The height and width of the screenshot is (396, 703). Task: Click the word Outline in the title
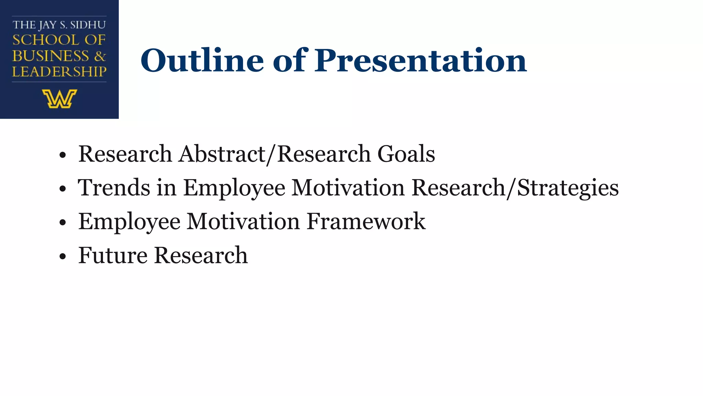[202, 60]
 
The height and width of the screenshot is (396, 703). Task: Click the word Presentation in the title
[421, 60]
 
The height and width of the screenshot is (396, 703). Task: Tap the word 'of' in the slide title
[289, 60]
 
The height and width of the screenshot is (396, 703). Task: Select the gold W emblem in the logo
[59, 99]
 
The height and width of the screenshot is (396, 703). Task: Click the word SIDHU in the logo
[88, 25]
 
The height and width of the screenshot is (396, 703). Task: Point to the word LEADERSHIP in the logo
[59, 71]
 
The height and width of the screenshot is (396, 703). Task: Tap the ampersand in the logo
[100, 56]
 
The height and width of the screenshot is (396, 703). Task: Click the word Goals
[406, 154]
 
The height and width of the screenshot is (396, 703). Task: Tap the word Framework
[366, 221]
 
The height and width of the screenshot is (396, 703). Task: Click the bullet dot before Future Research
[62, 256]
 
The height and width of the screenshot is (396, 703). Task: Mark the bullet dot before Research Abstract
[62, 155]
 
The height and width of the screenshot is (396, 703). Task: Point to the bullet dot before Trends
[62, 189]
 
